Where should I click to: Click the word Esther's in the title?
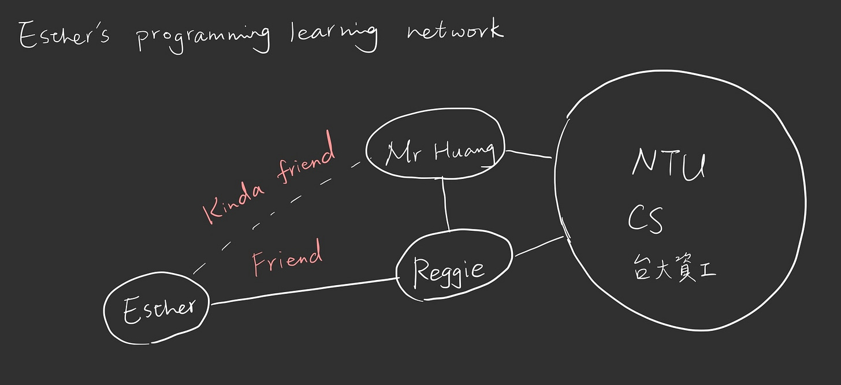(64, 36)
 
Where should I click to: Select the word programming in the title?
(202, 39)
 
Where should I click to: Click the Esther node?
(157, 309)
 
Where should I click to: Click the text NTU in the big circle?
(669, 164)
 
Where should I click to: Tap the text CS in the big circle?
(645, 219)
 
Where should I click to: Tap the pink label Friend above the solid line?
(286, 259)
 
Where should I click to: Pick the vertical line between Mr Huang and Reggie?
(445, 205)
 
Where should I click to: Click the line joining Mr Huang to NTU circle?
(529, 154)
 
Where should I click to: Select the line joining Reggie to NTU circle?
(538, 246)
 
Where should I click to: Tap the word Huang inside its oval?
(464, 151)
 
